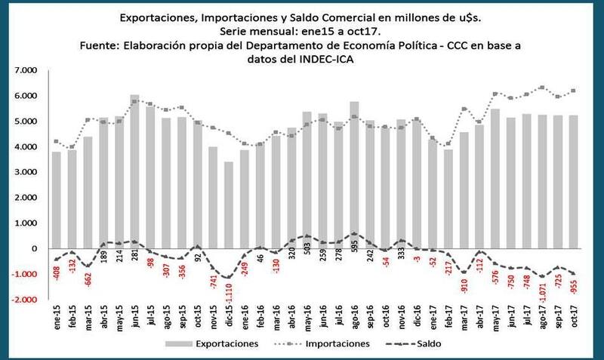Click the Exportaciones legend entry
(x=219, y=343)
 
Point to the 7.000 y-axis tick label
(x=25, y=70)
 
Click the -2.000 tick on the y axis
(x=23, y=300)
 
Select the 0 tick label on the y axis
(x=32, y=248)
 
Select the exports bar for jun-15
(x=134, y=174)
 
